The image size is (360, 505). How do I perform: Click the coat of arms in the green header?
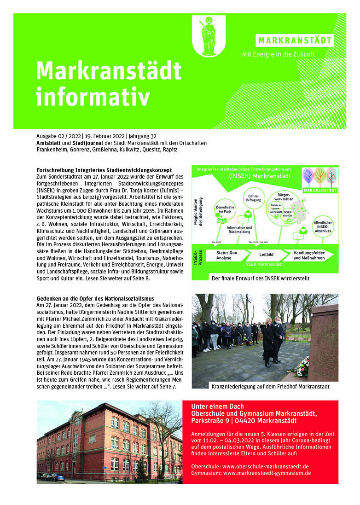209,36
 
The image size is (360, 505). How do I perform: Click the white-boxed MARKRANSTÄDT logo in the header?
295,40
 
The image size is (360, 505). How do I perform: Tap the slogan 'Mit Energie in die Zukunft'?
279,54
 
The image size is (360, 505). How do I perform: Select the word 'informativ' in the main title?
93,97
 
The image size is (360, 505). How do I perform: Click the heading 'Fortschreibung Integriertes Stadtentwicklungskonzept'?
104,170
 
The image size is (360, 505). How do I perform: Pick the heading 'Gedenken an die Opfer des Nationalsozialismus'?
95,298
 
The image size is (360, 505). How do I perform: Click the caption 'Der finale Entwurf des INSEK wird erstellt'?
261,278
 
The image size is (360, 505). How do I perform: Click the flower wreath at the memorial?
302,367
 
